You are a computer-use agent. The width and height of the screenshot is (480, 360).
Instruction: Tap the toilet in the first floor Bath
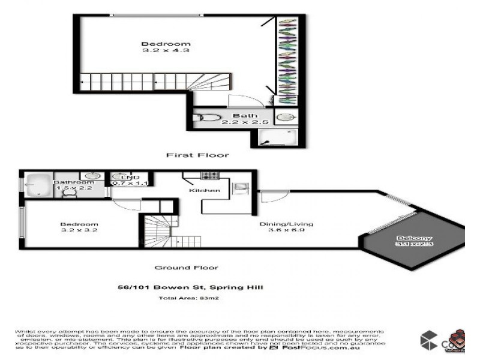(x=208, y=118)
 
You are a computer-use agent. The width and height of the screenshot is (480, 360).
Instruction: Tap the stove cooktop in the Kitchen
(x=209, y=176)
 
